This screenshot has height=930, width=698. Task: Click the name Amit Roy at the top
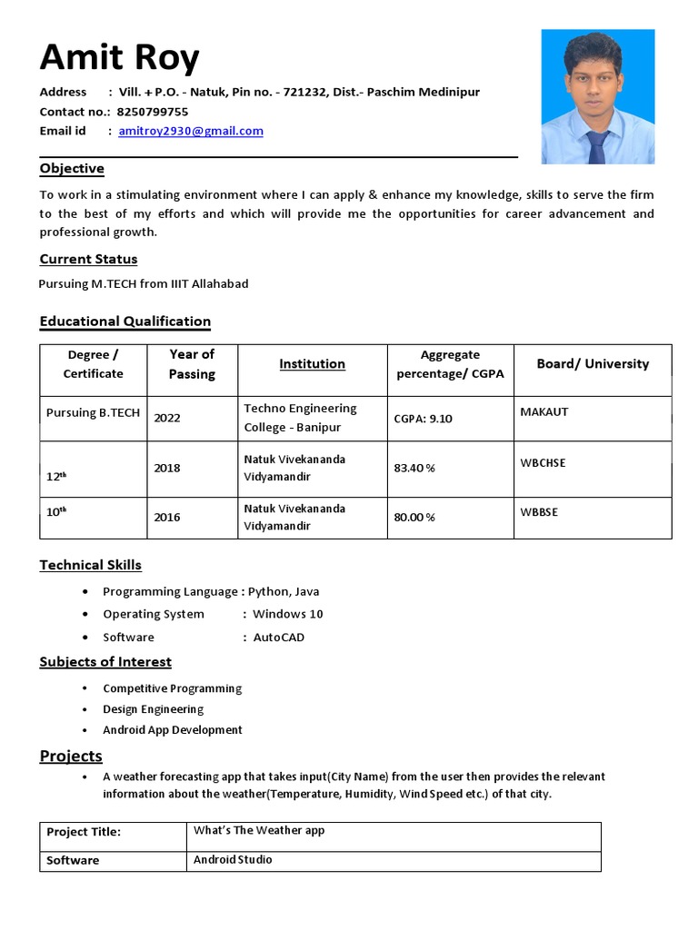coord(119,59)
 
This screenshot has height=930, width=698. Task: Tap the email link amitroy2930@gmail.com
coord(191,131)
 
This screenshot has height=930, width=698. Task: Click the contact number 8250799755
coord(153,112)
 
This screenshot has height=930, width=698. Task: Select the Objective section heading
coord(72,169)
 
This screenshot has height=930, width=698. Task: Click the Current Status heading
coord(88,259)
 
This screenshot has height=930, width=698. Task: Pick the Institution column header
coord(312,364)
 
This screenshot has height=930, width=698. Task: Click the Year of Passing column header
coord(192,363)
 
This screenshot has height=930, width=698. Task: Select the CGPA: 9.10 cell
coord(423,419)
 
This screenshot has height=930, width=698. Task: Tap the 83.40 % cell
coord(414,468)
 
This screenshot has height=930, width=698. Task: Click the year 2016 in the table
coord(167,517)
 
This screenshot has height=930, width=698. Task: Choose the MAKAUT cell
coord(543,412)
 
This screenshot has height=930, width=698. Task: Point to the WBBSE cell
coord(539,512)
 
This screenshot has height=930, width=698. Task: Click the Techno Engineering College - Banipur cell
coord(300,418)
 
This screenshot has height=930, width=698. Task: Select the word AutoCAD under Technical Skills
coord(279,638)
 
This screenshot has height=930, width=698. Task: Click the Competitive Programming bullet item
coord(172,688)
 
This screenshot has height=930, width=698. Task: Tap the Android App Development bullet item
coord(173,730)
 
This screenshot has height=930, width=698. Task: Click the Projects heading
coord(71,757)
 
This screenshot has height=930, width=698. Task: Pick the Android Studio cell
coord(233,859)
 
